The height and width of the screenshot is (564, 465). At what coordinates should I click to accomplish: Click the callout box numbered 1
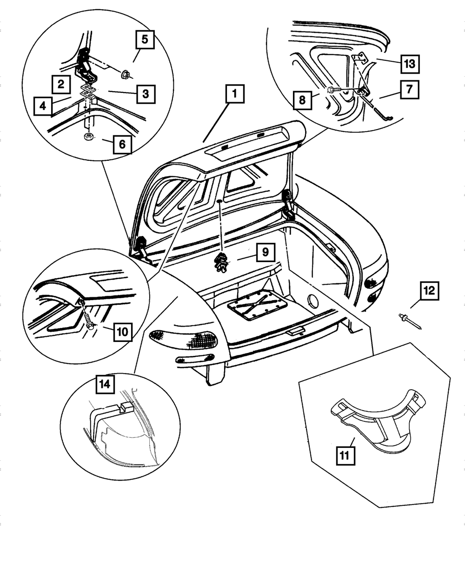pyautogui.click(x=235, y=94)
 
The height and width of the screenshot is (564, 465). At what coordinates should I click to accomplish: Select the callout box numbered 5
pyautogui.click(x=145, y=39)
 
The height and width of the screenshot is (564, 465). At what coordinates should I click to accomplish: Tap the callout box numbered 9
pyautogui.click(x=266, y=252)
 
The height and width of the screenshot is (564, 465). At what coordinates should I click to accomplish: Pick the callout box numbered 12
pyautogui.click(x=429, y=291)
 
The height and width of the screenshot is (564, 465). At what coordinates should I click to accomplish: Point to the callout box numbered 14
pyautogui.click(x=105, y=384)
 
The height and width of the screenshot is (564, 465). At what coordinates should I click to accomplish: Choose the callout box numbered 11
pyautogui.click(x=345, y=456)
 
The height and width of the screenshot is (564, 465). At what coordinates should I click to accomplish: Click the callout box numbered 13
pyautogui.click(x=410, y=64)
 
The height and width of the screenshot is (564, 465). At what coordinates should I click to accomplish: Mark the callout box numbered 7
pyautogui.click(x=409, y=89)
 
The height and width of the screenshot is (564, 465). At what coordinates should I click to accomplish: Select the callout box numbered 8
pyautogui.click(x=302, y=100)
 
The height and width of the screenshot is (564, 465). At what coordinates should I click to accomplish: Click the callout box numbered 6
pyautogui.click(x=122, y=144)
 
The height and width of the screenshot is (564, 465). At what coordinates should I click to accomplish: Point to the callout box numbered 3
pyautogui.click(x=146, y=94)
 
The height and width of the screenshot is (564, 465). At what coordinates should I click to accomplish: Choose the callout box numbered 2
pyautogui.click(x=61, y=84)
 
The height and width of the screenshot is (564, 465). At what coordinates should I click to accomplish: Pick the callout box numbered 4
pyautogui.click(x=43, y=106)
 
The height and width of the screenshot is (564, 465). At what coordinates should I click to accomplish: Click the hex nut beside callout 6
pyautogui.click(x=88, y=137)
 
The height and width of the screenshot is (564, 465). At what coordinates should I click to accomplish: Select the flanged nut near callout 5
pyautogui.click(x=126, y=74)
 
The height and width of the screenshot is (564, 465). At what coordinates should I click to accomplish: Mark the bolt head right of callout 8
pyautogui.click(x=331, y=89)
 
